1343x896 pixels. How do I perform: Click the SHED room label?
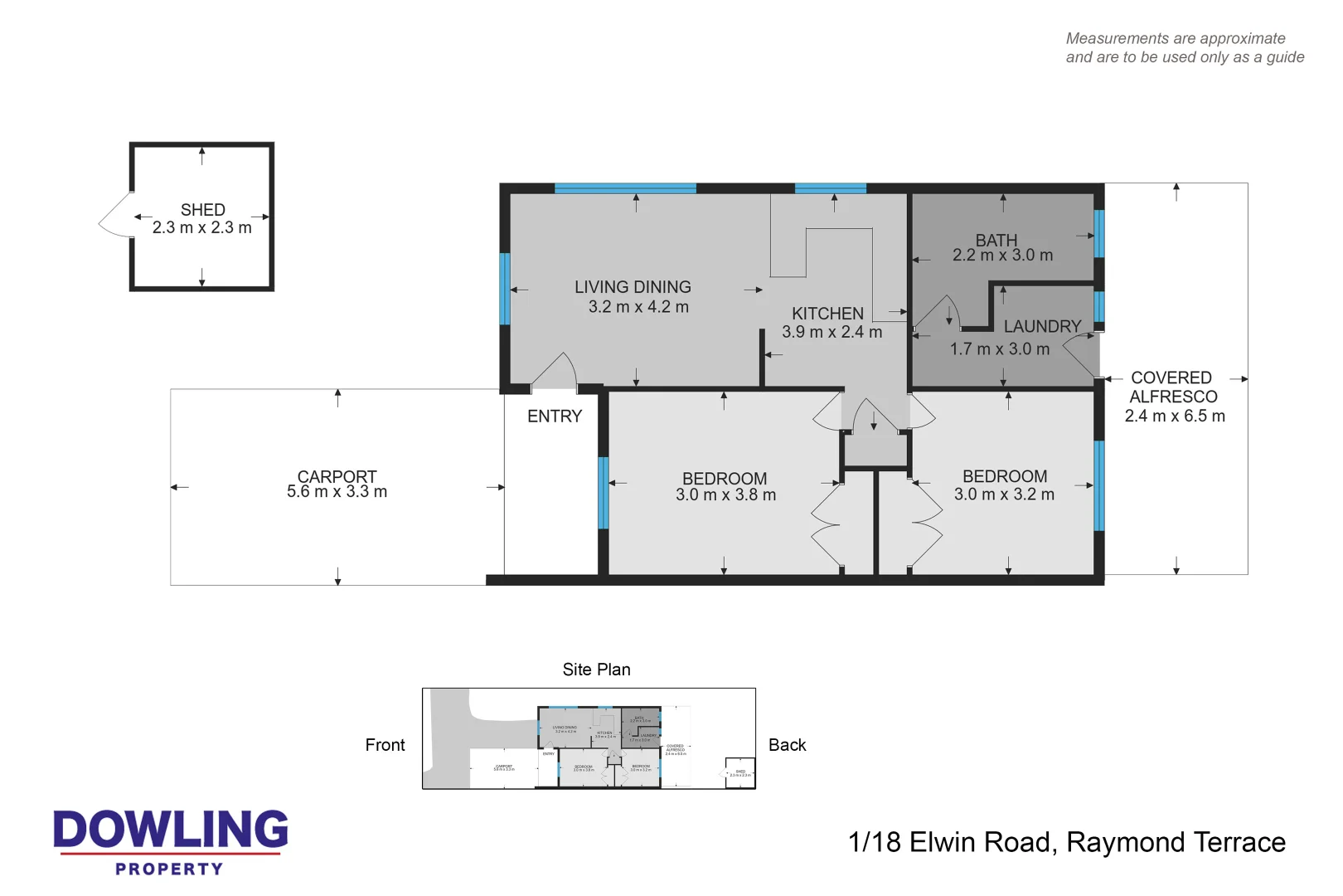pyautogui.click(x=202, y=210)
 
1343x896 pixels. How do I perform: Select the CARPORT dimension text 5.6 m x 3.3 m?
pyautogui.click(x=337, y=492)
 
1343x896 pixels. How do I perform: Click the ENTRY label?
pyautogui.click(x=555, y=416)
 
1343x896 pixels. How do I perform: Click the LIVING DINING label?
pyautogui.click(x=633, y=287)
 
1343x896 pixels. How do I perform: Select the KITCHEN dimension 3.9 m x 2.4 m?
pyautogui.click(x=831, y=332)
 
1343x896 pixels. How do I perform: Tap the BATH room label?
pyautogui.click(x=996, y=240)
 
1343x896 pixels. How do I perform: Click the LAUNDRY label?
pyautogui.click(x=1042, y=327)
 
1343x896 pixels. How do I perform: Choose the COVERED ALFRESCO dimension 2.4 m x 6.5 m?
pyautogui.click(x=1174, y=416)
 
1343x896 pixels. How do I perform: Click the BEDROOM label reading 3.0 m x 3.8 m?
pyautogui.click(x=725, y=479)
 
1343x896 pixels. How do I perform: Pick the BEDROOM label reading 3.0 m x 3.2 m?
pyautogui.click(x=1004, y=476)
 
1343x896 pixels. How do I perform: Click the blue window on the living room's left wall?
pyautogui.click(x=505, y=289)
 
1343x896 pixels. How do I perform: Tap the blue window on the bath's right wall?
pyautogui.click(x=1099, y=234)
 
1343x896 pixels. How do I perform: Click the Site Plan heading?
pyautogui.click(x=596, y=670)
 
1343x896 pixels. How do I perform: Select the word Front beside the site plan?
pyautogui.click(x=385, y=745)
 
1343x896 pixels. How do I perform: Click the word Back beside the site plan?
pyautogui.click(x=787, y=745)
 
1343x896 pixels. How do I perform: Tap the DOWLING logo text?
pyautogui.click(x=171, y=830)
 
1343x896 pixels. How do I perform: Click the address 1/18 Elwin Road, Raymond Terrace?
pyautogui.click(x=1066, y=842)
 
